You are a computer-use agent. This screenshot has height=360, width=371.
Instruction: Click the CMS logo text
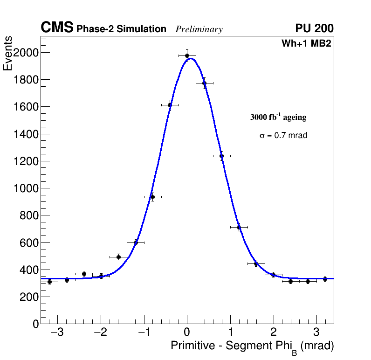pyautogui.click(x=57, y=28)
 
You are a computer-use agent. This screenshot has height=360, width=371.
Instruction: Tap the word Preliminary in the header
pyautogui.click(x=199, y=29)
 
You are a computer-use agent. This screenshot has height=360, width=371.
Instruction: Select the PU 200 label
pyautogui.click(x=314, y=28)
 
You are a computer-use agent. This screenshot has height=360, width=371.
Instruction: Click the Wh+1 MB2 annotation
pyautogui.click(x=306, y=44)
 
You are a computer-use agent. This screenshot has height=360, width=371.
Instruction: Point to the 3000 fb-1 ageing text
pyautogui.click(x=278, y=117)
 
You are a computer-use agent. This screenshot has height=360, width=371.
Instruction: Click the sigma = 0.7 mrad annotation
pyautogui.click(x=283, y=136)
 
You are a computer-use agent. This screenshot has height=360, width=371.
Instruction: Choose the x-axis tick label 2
pyautogui.click(x=274, y=332)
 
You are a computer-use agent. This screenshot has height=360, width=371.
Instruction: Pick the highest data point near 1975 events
pyautogui.click(x=187, y=55)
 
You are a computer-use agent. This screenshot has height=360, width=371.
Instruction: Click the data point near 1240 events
pyautogui.click(x=221, y=156)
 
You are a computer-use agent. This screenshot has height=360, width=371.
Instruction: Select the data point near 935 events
pyautogui.click(x=152, y=197)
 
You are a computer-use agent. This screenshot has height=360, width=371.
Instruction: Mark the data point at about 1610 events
pyautogui.click(x=170, y=105)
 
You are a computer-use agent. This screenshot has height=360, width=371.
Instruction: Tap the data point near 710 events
pyautogui.click(x=239, y=227)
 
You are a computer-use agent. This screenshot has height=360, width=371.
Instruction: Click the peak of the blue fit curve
pyautogui.click(x=190, y=58)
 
